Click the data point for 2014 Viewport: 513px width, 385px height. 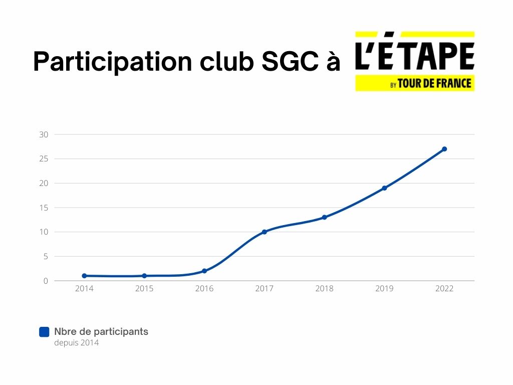click(x=84, y=276)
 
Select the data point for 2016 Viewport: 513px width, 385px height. click(x=204, y=271)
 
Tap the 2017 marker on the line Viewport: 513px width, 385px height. click(x=265, y=232)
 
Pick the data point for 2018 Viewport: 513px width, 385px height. click(x=325, y=217)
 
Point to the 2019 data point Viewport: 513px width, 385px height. click(x=384, y=188)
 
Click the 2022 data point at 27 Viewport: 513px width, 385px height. click(x=444, y=149)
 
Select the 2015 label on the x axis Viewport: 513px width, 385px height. click(x=144, y=289)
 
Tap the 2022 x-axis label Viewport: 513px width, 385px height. click(x=444, y=289)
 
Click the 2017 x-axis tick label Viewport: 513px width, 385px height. click(x=265, y=289)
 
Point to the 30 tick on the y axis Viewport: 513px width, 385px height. click(x=44, y=134)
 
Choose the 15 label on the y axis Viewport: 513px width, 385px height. click(x=44, y=208)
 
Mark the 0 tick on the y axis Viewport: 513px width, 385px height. click(x=46, y=281)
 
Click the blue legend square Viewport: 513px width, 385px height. click(x=44, y=332)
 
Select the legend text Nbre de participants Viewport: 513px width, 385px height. click(x=101, y=331)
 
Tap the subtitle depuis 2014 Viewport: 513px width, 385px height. click(x=77, y=343)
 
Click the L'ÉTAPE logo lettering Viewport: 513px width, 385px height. click(x=415, y=56)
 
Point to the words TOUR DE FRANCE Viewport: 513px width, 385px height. click(x=434, y=83)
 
